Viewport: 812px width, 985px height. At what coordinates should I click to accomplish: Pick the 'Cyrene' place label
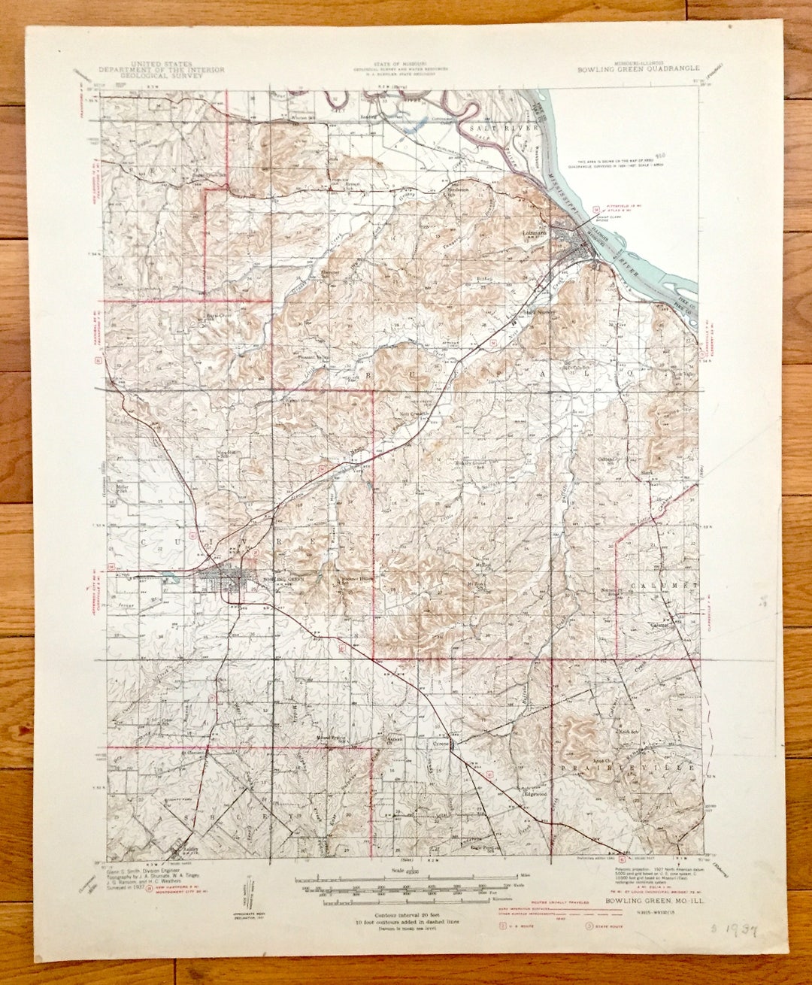[441, 742]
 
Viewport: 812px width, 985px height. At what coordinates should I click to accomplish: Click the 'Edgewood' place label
[535, 794]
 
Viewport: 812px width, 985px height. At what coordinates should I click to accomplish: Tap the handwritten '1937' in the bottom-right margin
[732, 932]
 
